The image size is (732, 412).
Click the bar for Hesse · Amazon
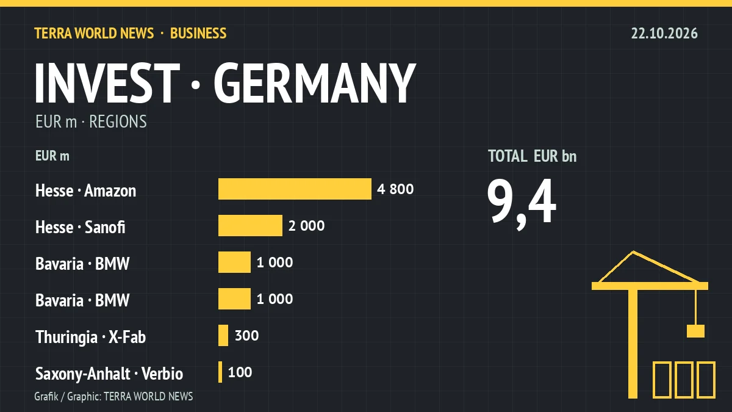pyautogui.click(x=295, y=189)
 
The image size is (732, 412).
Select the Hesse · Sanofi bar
pyautogui.click(x=250, y=225)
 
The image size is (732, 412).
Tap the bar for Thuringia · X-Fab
pyautogui.click(x=223, y=335)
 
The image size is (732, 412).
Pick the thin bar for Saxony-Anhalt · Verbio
pyautogui.click(x=220, y=372)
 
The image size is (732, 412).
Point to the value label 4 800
pyautogui.click(x=395, y=189)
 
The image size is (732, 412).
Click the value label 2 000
pyautogui.click(x=306, y=226)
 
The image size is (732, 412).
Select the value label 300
pyautogui.click(x=246, y=336)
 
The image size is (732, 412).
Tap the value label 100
pyautogui.click(x=240, y=372)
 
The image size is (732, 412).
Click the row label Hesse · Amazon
pyautogui.click(x=85, y=190)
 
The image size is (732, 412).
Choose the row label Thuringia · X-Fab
pyautogui.click(x=90, y=337)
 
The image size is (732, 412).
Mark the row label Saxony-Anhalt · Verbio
pyautogui.click(x=109, y=374)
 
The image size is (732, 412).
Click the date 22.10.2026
pyautogui.click(x=664, y=34)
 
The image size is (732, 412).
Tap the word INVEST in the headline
pyautogui.click(x=107, y=83)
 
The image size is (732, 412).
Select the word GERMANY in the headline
pyautogui.click(x=315, y=83)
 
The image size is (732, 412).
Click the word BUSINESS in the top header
pyautogui.click(x=198, y=34)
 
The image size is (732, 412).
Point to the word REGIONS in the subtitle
pyautogui.click(x=118, y=121)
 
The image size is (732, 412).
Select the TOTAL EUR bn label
pyautogui.click(x=533, y=156)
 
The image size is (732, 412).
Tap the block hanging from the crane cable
pyautogui.click(x=695, y=331)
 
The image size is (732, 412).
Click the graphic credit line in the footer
pyautogui.click(x=113, y=396)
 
